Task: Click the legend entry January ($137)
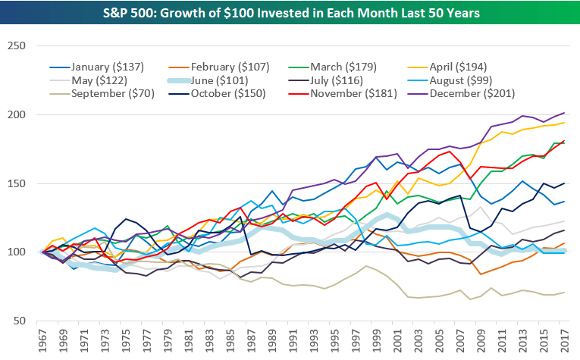point(106,67)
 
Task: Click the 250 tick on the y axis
point(16,45)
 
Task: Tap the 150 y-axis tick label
point(16,183)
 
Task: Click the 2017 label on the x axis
point(565,340)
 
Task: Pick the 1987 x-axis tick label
point(251,340)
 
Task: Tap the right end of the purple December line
point(565,113)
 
